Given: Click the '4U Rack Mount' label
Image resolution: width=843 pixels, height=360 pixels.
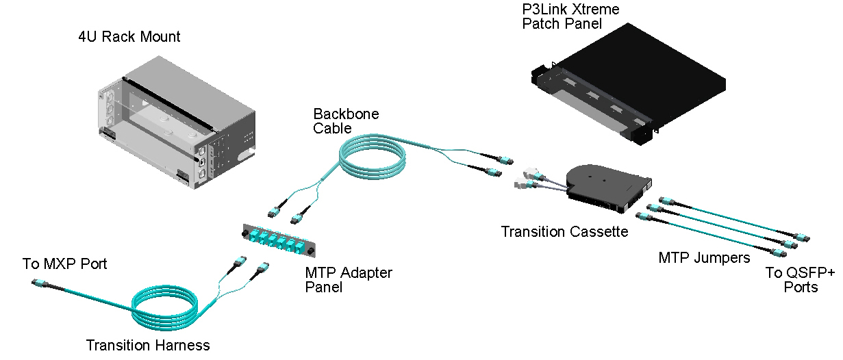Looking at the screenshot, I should click(129, 37).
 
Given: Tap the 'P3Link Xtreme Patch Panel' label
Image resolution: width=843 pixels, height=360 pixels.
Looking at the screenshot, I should click(561, 16).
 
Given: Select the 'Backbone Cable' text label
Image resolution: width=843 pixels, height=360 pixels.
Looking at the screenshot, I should click(346, 120).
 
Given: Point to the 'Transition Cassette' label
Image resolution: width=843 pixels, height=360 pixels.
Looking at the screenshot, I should click(564, 232).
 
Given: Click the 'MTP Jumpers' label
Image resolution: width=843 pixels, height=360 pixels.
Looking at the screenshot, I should click(704, 258).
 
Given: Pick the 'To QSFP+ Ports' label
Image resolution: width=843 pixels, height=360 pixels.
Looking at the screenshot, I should click(800, 280).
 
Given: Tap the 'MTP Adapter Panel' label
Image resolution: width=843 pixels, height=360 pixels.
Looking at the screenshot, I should click(348, 280).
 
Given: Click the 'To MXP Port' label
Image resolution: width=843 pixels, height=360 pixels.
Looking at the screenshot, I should click(64, 264).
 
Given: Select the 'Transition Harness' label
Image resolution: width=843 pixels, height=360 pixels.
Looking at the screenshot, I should click(148, 345).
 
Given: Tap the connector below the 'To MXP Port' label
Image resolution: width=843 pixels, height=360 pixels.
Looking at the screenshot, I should click(40, 283).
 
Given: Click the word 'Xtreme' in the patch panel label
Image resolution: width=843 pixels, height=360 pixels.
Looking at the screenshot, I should click(594, 10).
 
